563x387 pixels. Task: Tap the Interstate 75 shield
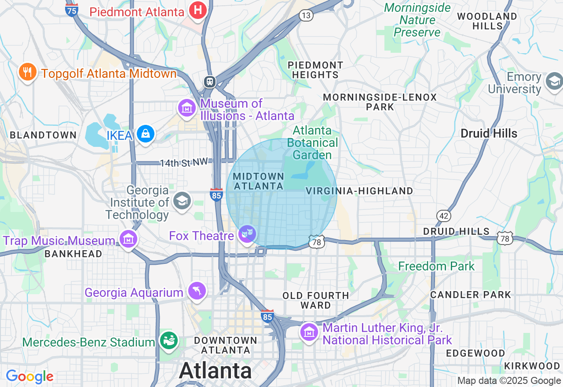click(72, 9)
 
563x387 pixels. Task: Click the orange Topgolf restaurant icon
click(28, 72)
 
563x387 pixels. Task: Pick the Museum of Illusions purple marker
click(186, 108)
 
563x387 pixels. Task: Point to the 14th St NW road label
click(183, 163)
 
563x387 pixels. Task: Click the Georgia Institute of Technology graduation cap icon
click(182, 201)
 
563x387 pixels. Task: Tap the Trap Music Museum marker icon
click(128, 239)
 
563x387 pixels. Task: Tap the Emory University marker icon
click(554, 81)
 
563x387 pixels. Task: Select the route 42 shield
click(444, 215)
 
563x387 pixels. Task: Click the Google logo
click(29, 376)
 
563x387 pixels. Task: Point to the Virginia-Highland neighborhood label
click(359, 191)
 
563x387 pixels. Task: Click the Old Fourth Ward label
click(316, 300)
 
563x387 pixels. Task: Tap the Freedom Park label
click(436, 266)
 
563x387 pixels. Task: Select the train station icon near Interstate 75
click(209, 81)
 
